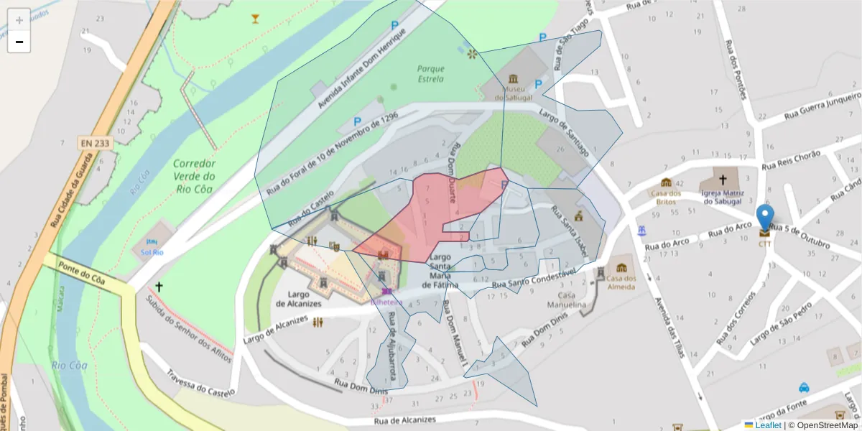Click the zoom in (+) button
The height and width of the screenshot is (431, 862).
(19, 19)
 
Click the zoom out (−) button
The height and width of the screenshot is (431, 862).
(19, 42)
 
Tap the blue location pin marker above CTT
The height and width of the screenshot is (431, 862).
(766, 218)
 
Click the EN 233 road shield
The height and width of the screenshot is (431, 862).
(95, 144)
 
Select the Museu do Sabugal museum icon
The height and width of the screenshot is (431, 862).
(513, 78)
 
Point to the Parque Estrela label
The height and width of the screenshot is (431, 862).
(430, 74)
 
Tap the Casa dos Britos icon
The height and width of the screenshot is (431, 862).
(666, 182)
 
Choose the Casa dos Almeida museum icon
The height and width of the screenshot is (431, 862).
(621, 268)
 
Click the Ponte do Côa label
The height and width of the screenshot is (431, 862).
(83, 274)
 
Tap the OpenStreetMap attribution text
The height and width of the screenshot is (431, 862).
(823, 425)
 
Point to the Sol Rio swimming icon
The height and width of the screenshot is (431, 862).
(152, 242)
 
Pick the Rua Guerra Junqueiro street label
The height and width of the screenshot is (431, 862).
(822, 106)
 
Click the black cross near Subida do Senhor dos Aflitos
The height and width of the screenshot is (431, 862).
(159, 286)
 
